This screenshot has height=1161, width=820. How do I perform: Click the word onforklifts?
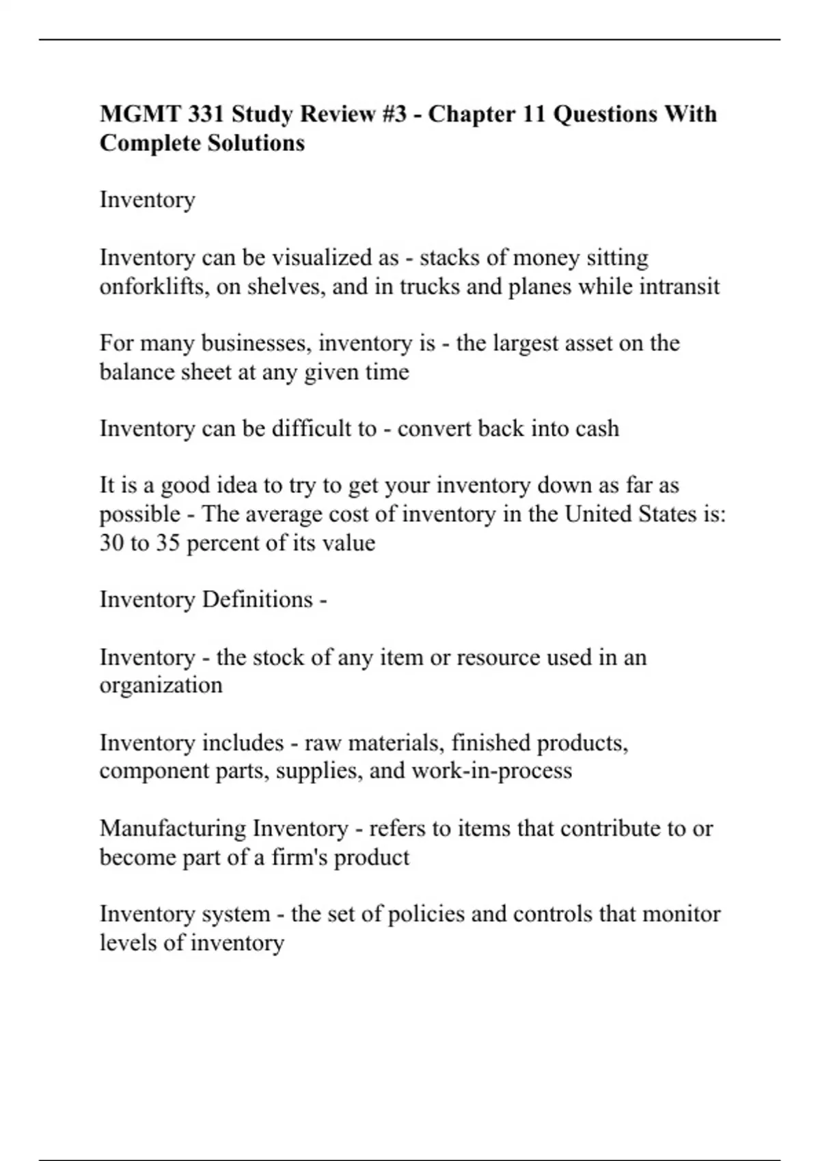[154, 286]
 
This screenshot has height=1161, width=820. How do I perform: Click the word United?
[597, 514]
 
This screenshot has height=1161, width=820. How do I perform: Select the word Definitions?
[257, 600]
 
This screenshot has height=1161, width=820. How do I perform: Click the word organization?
[161, 685]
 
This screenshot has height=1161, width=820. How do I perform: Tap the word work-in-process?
[491, 771]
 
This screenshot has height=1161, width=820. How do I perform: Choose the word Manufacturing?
[173, 828]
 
